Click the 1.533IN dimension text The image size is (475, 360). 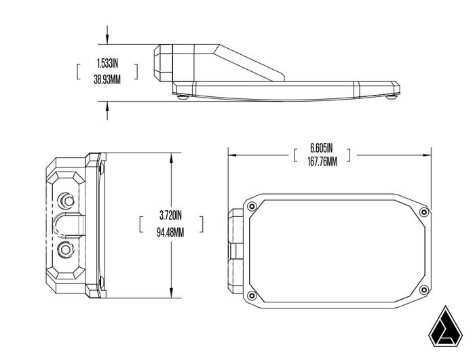[x=107, y=63]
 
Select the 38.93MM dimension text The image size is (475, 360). [x=107, y=79]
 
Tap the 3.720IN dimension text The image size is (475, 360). [x=170, y=216]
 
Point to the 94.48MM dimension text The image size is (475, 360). [x=170, y=231]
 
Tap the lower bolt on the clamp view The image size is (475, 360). [x=66, y=249]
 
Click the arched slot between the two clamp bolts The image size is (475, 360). [x=69, y=224]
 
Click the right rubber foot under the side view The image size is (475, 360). [x=391, y=96]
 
